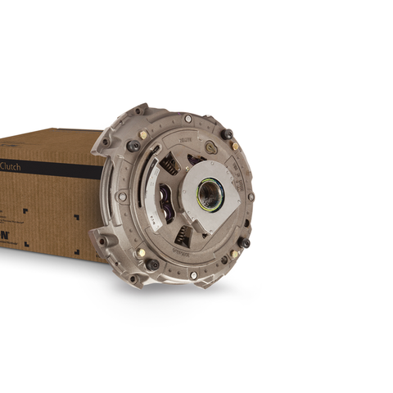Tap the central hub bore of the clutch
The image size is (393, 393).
[x=210, y=194]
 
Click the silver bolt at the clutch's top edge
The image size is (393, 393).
[x=188, y=119]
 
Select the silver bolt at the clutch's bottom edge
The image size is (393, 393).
[x=193, y=275]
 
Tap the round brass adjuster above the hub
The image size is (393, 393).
[x=210, y=147]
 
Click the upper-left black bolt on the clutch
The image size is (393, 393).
[x=133, y=145]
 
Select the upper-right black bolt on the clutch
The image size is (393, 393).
[x=227, y=133]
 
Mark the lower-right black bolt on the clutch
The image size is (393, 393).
[x=243, y=242]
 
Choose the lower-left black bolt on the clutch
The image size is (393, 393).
[x=152, y=264]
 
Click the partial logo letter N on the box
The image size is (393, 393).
[x=5, y=234]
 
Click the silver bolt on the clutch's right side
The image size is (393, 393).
[x=251, y=196]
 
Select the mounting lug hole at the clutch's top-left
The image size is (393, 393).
[x=139, y=110]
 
